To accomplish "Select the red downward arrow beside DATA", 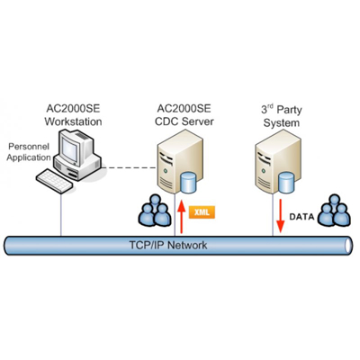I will pyautogui.click(x=280, y=217).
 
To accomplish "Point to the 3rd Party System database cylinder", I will pyautogui.click(x=287, y=182).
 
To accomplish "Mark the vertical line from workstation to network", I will pyautogui.click(x=62, y=211).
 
